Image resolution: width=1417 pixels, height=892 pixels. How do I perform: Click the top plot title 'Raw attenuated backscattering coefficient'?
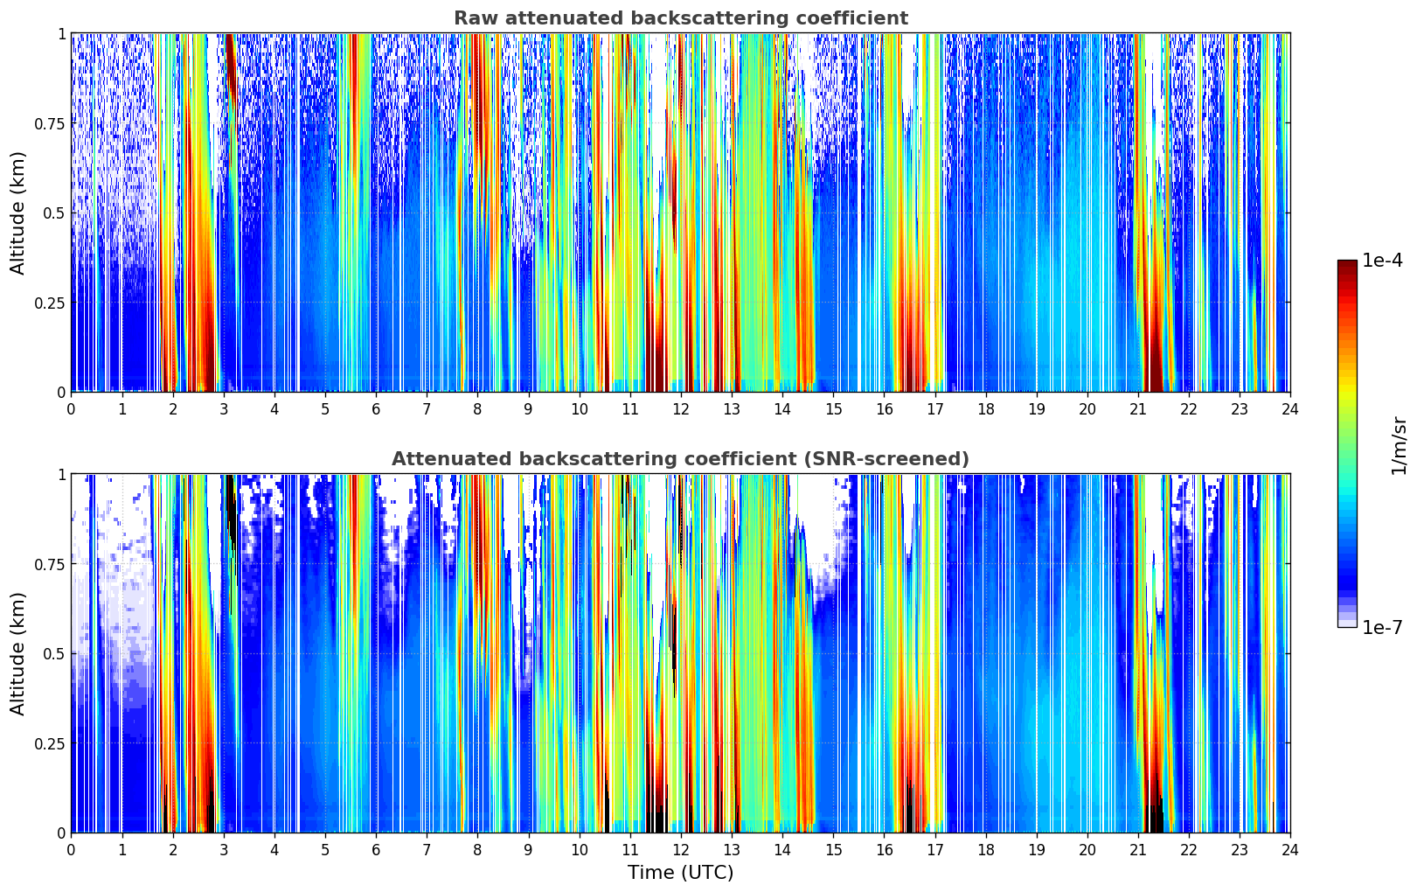(x=680, y=18)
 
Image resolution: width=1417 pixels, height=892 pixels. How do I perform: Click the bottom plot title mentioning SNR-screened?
(x=680, y=459)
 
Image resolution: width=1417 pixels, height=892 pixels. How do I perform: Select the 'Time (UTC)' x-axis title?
(x=680, y=873)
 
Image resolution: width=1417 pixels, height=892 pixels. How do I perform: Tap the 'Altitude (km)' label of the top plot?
(x=18, y=213)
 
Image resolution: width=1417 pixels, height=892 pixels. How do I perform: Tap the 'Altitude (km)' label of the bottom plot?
(x=18, y=653)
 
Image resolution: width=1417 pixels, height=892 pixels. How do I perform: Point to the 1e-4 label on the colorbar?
(x=1382, y=261)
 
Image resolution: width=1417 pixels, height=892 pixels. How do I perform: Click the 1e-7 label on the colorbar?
(x=1382, y=627)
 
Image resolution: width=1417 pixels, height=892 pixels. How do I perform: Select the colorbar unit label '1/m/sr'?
(x=1399, y=444)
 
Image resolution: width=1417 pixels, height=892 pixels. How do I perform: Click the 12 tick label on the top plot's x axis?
(x=681, y=408)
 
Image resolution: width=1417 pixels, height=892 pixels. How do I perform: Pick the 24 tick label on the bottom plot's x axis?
(x=1290, y=849)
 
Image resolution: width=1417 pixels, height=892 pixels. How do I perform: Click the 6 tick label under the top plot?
(x=376, y=408)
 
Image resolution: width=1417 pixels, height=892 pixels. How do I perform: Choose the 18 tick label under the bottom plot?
(x=986, y=849)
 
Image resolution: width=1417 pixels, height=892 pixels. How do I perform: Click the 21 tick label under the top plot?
(x=1138, y=408)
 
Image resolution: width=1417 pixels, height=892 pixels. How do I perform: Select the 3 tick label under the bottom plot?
(x=224, y=849)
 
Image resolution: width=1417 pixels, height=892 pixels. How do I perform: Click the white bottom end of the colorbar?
(x=1347, y=624)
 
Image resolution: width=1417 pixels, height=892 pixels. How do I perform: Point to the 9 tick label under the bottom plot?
(x=528, y=849)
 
